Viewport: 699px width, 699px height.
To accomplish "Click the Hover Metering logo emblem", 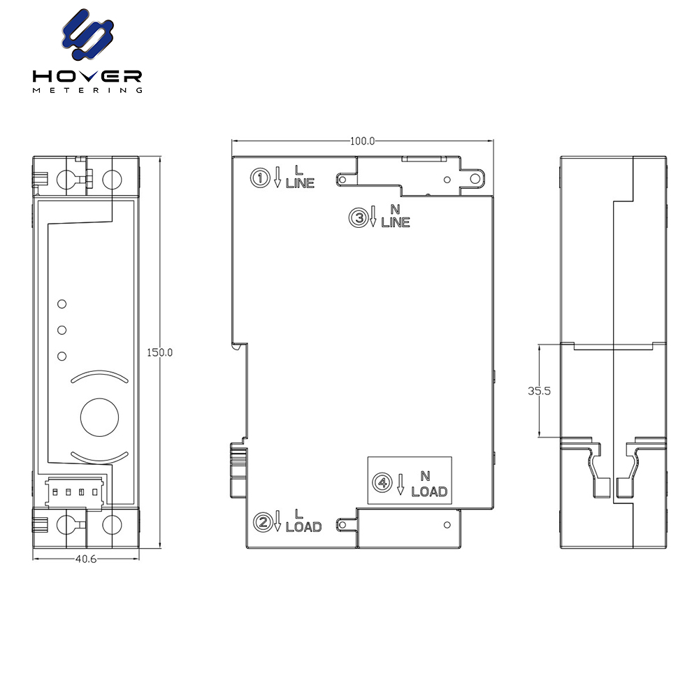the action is pos(87,34).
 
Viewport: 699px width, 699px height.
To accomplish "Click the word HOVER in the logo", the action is pos(87,76).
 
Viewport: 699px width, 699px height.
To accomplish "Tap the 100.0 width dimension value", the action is pos(362,141).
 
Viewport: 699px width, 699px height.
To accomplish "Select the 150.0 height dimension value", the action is pos(159,352).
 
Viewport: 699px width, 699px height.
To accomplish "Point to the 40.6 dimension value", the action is pos(86,559).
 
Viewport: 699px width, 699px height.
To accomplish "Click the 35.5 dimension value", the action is pos(539,391).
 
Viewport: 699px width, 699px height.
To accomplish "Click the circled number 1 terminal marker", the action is pos(260,178).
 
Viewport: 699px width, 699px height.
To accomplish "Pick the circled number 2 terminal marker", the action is pos(263,522).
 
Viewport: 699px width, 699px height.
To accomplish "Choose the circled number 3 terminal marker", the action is pos(359,218).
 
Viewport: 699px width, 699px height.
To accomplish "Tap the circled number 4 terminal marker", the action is pos(382,482).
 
